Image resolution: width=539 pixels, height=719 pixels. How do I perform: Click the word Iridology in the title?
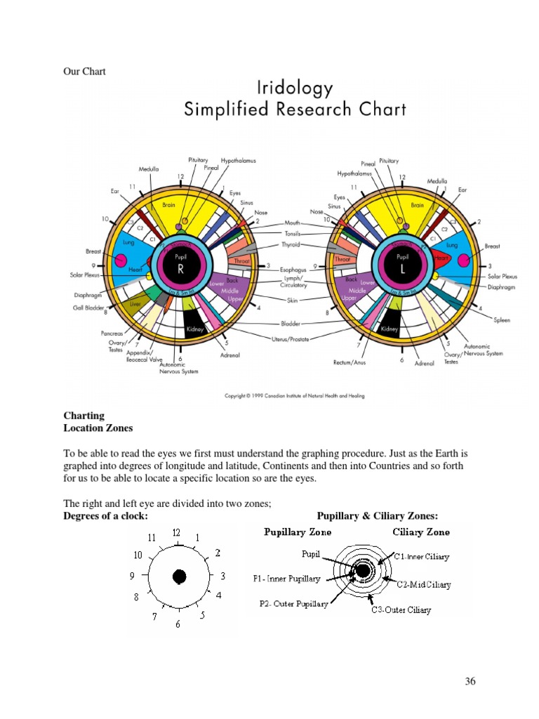click(295, 88)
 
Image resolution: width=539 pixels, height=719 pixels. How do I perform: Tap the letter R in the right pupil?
click(180, 268)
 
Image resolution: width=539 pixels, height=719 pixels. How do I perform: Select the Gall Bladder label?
click(89, 308)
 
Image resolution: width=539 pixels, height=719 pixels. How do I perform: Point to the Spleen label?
click(502, 320)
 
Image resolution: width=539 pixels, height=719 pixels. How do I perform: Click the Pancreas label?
click(111, 333)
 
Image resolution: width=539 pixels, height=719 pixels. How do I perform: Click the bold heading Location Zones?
click(98, 428)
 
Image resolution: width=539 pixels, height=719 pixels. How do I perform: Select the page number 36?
click(470, 682)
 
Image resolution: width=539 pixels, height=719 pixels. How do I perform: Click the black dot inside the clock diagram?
click(179, 576)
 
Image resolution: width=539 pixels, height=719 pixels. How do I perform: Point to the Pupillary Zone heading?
click(298, 532)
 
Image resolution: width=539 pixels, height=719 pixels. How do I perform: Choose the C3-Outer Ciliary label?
click(401, 610)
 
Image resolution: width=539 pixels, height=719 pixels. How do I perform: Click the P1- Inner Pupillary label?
click(286, 579)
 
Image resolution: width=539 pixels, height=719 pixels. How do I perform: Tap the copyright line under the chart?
click(294, 396)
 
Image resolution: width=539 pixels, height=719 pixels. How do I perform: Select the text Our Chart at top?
click(84, 72)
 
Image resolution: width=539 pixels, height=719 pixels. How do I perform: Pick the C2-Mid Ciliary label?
click(424, 584)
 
